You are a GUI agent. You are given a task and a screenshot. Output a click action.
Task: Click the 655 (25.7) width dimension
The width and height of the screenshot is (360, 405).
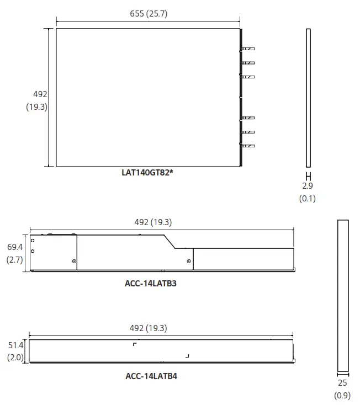(148, 14)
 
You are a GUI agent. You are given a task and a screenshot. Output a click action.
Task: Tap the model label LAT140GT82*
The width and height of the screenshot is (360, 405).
(148, 172)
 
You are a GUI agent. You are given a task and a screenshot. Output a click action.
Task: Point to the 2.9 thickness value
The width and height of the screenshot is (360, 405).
(308, 186)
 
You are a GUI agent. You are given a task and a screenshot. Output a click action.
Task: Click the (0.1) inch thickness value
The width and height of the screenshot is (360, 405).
(308, 198)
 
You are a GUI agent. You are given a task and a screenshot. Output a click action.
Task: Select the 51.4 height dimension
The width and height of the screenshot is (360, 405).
(14, 345)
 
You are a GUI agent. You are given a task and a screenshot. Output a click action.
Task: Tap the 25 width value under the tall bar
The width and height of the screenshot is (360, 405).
(342, 383)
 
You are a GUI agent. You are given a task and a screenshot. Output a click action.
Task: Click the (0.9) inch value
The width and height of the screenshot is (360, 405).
(342, 395)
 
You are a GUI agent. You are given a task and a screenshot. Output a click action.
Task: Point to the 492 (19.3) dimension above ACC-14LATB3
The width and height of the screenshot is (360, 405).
(153, 222)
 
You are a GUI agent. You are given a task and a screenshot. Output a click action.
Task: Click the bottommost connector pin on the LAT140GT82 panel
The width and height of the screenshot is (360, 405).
(247, 146)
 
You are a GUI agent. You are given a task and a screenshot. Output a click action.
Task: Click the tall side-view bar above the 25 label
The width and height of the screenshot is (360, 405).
(343, 295)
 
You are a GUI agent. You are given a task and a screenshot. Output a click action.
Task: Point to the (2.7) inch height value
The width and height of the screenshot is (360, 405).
(14, 259)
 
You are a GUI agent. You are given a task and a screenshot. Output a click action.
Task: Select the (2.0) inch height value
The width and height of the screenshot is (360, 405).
(14, 358)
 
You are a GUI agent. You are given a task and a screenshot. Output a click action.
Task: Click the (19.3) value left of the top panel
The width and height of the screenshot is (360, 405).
(36, 107)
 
